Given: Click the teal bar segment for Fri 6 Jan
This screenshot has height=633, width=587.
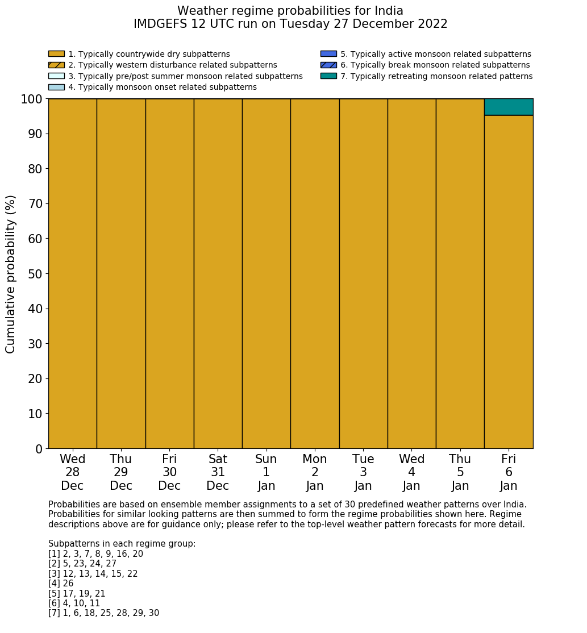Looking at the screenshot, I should [509, 107].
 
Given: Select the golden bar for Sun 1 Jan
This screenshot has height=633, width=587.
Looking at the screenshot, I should [266, 273].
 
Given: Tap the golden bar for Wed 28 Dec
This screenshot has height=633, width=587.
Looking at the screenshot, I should [72, 273].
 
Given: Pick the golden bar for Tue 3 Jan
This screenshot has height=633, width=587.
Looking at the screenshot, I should [363, 273].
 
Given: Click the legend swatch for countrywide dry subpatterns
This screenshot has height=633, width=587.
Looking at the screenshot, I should [56, 54].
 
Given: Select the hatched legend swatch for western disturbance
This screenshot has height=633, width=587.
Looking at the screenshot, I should [56, 65].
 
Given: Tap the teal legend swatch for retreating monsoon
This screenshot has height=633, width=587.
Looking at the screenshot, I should [328, 76].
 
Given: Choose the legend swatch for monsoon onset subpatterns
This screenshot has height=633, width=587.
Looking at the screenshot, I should [56, 87].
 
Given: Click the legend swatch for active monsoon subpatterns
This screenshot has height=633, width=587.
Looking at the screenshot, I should [328, 54].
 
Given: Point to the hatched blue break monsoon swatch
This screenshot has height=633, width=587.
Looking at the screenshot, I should [328, 65].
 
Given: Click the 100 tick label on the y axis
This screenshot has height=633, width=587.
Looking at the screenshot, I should [32, 99].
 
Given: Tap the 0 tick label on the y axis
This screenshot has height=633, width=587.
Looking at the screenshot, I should [39, 449].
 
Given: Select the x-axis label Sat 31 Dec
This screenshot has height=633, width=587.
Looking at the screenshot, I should [218, 472].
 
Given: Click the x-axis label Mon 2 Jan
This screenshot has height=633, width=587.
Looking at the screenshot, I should [315, 472].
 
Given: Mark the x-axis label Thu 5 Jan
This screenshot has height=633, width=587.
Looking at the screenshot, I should [460, 472].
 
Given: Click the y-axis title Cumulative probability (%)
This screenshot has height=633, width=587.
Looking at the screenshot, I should [11, 274].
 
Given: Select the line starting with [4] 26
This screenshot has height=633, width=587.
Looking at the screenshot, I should [61, 584].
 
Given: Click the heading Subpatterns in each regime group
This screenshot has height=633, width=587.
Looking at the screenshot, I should [122, 544].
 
